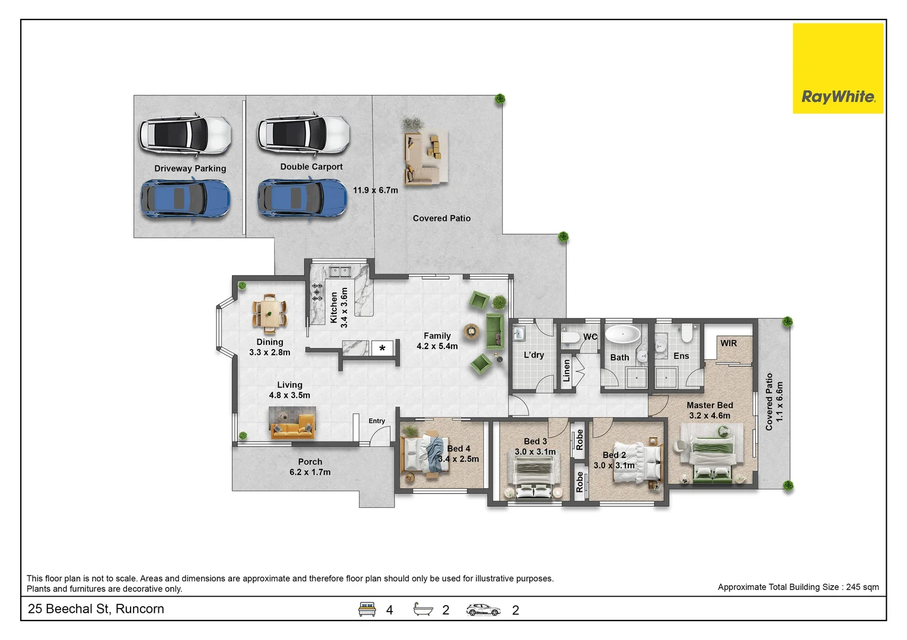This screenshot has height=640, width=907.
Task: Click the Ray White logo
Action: tap(838, 68)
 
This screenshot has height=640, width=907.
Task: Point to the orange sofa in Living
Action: tap(292, 427)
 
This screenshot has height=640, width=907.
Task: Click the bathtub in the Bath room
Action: tap(623, 334)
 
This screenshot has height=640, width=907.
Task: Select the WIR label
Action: tap(728, 343)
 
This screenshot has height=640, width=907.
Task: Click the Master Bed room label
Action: tap(709, 405)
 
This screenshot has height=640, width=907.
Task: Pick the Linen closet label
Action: tap(567, 370)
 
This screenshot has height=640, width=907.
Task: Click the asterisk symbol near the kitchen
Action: tap(382, 348)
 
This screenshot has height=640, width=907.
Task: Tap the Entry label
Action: tap(377, 421)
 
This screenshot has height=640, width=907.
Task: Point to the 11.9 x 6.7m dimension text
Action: tap(375, 190)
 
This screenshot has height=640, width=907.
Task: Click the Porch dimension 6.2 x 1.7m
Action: tap(310, 472)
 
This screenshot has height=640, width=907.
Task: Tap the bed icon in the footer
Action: tap(367, 609)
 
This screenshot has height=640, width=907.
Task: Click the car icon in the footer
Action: tap(483, 610)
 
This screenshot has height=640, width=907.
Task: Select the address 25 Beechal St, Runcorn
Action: tap(96, 609)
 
